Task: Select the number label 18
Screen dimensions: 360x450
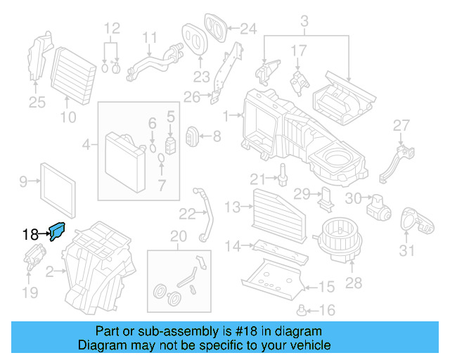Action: [30, 235]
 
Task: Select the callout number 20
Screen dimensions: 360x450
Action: [179, 235]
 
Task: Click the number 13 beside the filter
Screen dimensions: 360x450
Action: [233, 206]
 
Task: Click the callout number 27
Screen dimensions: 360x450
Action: [400, 125]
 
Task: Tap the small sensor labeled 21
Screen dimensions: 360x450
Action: [283, 174]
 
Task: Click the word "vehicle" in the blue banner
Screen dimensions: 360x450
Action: [305, 345]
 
